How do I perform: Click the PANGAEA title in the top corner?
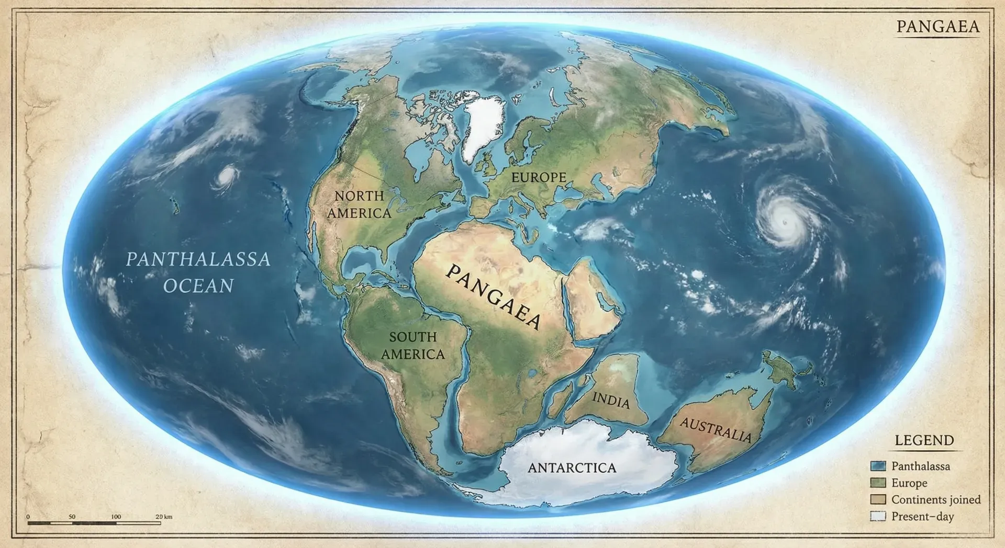coord(937,27)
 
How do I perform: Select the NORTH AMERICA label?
coord(359,204)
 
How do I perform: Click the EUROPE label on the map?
coord(539,178)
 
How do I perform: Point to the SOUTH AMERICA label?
coord(413,346)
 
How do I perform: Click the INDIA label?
coord(611,401)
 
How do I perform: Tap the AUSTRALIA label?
coord(716,430)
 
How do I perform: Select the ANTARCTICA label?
coord(572,467)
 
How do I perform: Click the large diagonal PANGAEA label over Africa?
coord(493,296)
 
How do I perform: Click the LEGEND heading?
coord(924,440)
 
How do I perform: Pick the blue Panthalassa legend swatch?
coord(878,466)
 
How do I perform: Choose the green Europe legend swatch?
coord(878,483)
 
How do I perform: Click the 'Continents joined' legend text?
coord(936,499)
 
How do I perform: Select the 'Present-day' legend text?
coord(922,517)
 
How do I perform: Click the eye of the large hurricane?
coord(784,222)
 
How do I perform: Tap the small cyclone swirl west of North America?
coord(226,177)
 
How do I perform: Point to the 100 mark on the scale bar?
coord(116,517)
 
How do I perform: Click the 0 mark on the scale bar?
coord(28,517)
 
